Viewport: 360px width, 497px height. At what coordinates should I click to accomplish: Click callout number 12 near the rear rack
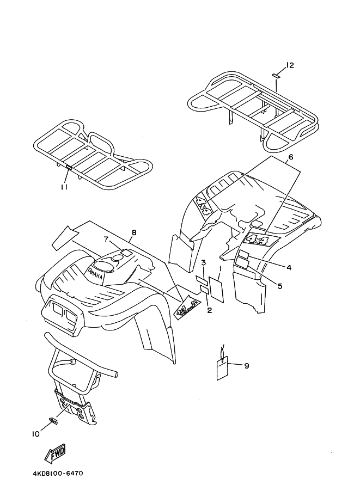[x=290, y=65]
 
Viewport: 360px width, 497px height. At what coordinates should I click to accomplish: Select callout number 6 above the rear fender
[x=291, y=157]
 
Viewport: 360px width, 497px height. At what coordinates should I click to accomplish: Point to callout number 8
[x=134, y=233]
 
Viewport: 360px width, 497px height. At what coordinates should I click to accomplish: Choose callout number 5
[x=279, y=285]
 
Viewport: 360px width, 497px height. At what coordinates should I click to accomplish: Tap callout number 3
[x=203, y=263]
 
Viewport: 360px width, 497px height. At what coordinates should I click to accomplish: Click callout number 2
[x=209, y=310]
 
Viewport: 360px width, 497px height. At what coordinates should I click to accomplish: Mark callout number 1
[x=220, y=268]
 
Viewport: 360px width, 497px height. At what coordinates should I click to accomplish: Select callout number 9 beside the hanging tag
[x=246, y=366]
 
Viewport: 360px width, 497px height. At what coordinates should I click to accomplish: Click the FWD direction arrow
[x=55, y=453]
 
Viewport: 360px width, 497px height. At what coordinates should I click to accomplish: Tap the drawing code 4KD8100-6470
[x=54, y=474]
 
